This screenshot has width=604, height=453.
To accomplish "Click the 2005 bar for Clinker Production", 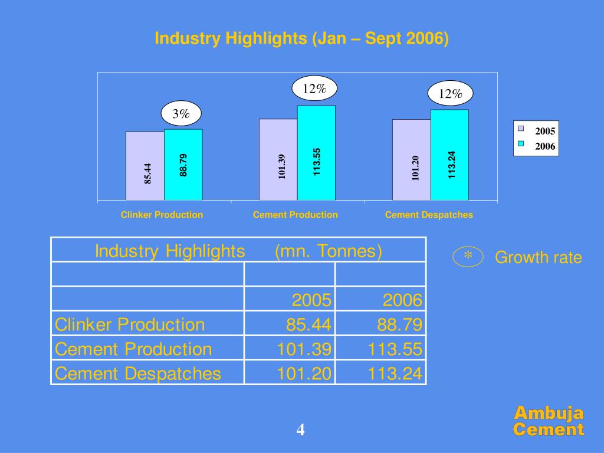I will click(x=145, y=166).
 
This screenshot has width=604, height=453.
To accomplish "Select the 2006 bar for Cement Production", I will click(x=316, y=153).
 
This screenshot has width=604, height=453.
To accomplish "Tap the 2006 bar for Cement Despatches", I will click(x=449, y=155).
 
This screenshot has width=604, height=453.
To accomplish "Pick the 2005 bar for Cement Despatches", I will click(x=412, y=160).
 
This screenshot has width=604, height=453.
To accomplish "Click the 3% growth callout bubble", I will click(x=181, y=114).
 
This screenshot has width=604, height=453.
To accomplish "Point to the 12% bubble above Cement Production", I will click(x=314, y=88).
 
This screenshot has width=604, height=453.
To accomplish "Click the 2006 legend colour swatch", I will click(x=521, y=144).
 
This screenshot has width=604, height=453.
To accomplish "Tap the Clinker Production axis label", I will click(x=162, y=215).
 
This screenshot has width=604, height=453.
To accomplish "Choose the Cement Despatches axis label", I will click(x=429, y=215).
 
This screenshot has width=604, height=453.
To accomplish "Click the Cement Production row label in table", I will click(x=133, y=349).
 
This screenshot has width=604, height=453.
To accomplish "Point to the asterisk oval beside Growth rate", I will click(x=468, y=257).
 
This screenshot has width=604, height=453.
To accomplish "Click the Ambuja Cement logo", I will click(x=549, y=421).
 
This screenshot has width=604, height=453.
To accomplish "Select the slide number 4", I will click(x=301, y=431).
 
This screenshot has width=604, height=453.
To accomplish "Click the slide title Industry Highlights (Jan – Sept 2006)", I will click(x=301, y=39).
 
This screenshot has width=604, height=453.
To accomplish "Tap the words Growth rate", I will click(x=538, y=258).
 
